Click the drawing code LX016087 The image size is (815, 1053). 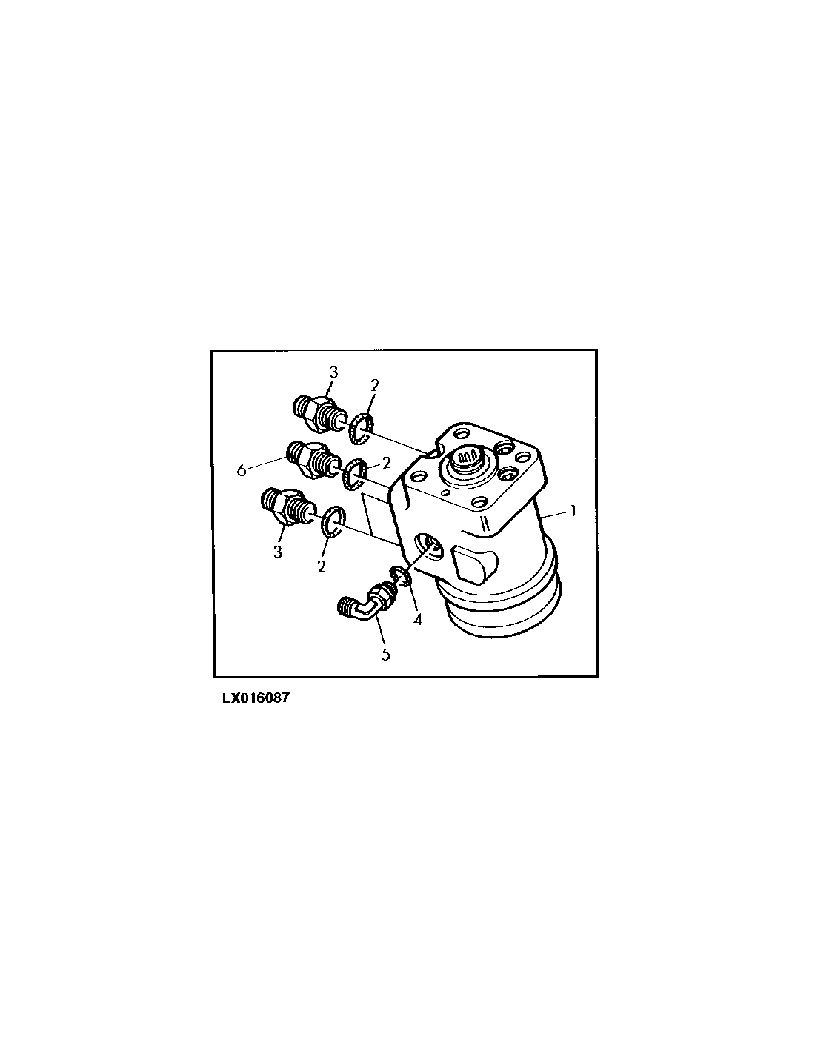coord(256,698)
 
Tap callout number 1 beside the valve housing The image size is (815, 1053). coord(573,511)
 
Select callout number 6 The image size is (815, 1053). coord(242,470)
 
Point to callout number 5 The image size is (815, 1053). coord(385,655)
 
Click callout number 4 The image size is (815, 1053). coord(417,619)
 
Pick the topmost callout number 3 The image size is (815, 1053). coord(333,372)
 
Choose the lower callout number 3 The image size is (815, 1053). coord(277,552)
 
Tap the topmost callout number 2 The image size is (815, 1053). coord(374,385)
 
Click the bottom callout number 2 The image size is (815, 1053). coord(322,566)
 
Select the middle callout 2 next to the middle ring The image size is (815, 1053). coord(386,464)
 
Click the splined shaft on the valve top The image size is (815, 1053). coord(467,461)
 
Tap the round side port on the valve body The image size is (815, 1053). coord(428,545)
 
